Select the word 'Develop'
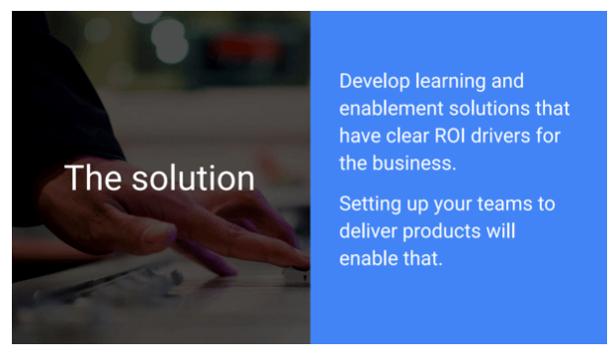(x=373, y=81)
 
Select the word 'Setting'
(x=370, y=205)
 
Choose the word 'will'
(x=502, y=232)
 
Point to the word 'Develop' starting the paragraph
(x=373, y=81)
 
